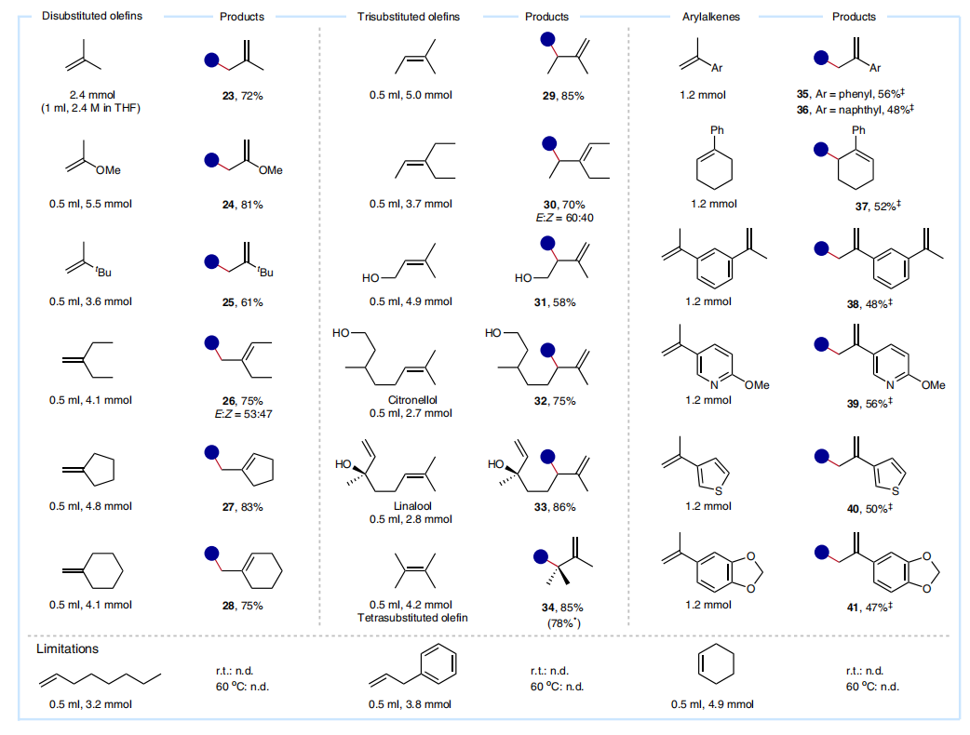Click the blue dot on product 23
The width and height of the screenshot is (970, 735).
[212, 60]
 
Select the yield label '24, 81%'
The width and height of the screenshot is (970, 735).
[242, 205]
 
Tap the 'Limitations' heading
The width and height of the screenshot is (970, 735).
[67, 648]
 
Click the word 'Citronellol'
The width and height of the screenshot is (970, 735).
[412, 400]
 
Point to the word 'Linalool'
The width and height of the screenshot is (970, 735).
[412, 505]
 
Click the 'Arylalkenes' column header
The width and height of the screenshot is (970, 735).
[711, 17]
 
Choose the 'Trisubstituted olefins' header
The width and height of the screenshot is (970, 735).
[409, 17]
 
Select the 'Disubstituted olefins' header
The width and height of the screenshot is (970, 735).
[92, 16]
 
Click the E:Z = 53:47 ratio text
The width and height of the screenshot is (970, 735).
[243, 414]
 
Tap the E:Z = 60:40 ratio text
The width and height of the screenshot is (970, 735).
[565, 218]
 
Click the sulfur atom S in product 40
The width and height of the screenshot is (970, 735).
[896, 491]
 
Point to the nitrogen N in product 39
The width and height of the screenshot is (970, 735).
[890, 384]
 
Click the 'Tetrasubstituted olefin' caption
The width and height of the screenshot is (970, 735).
[412, 618]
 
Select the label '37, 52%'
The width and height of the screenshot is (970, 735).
[878, 206]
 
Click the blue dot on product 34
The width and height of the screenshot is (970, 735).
[541, 557]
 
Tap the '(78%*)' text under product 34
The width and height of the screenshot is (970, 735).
[563, 623]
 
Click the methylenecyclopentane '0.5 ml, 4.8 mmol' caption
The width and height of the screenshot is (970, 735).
[91, 506]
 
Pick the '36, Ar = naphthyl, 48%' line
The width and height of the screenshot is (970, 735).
[855, 110]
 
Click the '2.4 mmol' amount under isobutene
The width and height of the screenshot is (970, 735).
[92, 95]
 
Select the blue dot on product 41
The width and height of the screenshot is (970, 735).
[822, 552]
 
